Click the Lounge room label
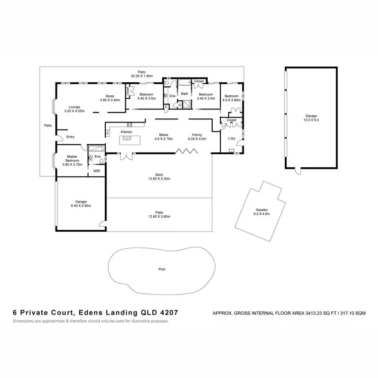(75, 107)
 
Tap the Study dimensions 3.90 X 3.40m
(109, 100)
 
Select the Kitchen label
(127, 132)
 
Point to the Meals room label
(164, 135)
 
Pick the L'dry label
(232, 138)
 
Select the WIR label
(96, 171)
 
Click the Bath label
(184, 93)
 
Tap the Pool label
(162, 269)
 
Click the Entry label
(70, 137)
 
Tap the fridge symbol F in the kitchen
(107, 134)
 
